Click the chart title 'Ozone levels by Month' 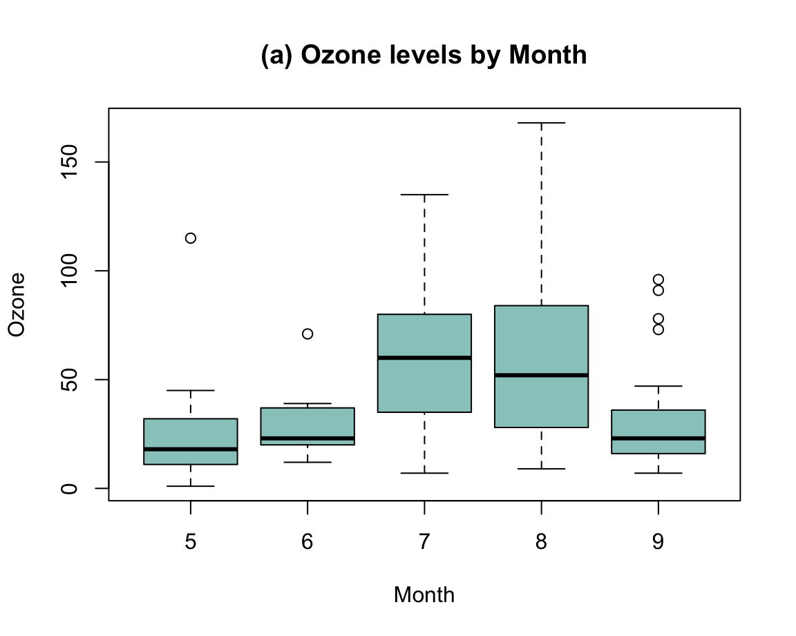pos(424,55)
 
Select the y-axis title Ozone pos(17,305)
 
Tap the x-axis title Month pos(424,595)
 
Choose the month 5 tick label pos(190,541)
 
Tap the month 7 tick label pos(424,541)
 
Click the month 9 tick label pos(658,541)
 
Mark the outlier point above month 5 pos(190,238)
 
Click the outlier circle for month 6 pos(307,334)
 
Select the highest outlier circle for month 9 pos(658,280)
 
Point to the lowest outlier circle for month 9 pos(658,329)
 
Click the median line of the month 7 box pos(424,358)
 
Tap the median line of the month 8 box pos(541,375)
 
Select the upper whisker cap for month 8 pos(541,123)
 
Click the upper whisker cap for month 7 pos(424,195)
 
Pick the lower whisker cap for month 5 pos(190,486)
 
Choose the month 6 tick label pos(307,541)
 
